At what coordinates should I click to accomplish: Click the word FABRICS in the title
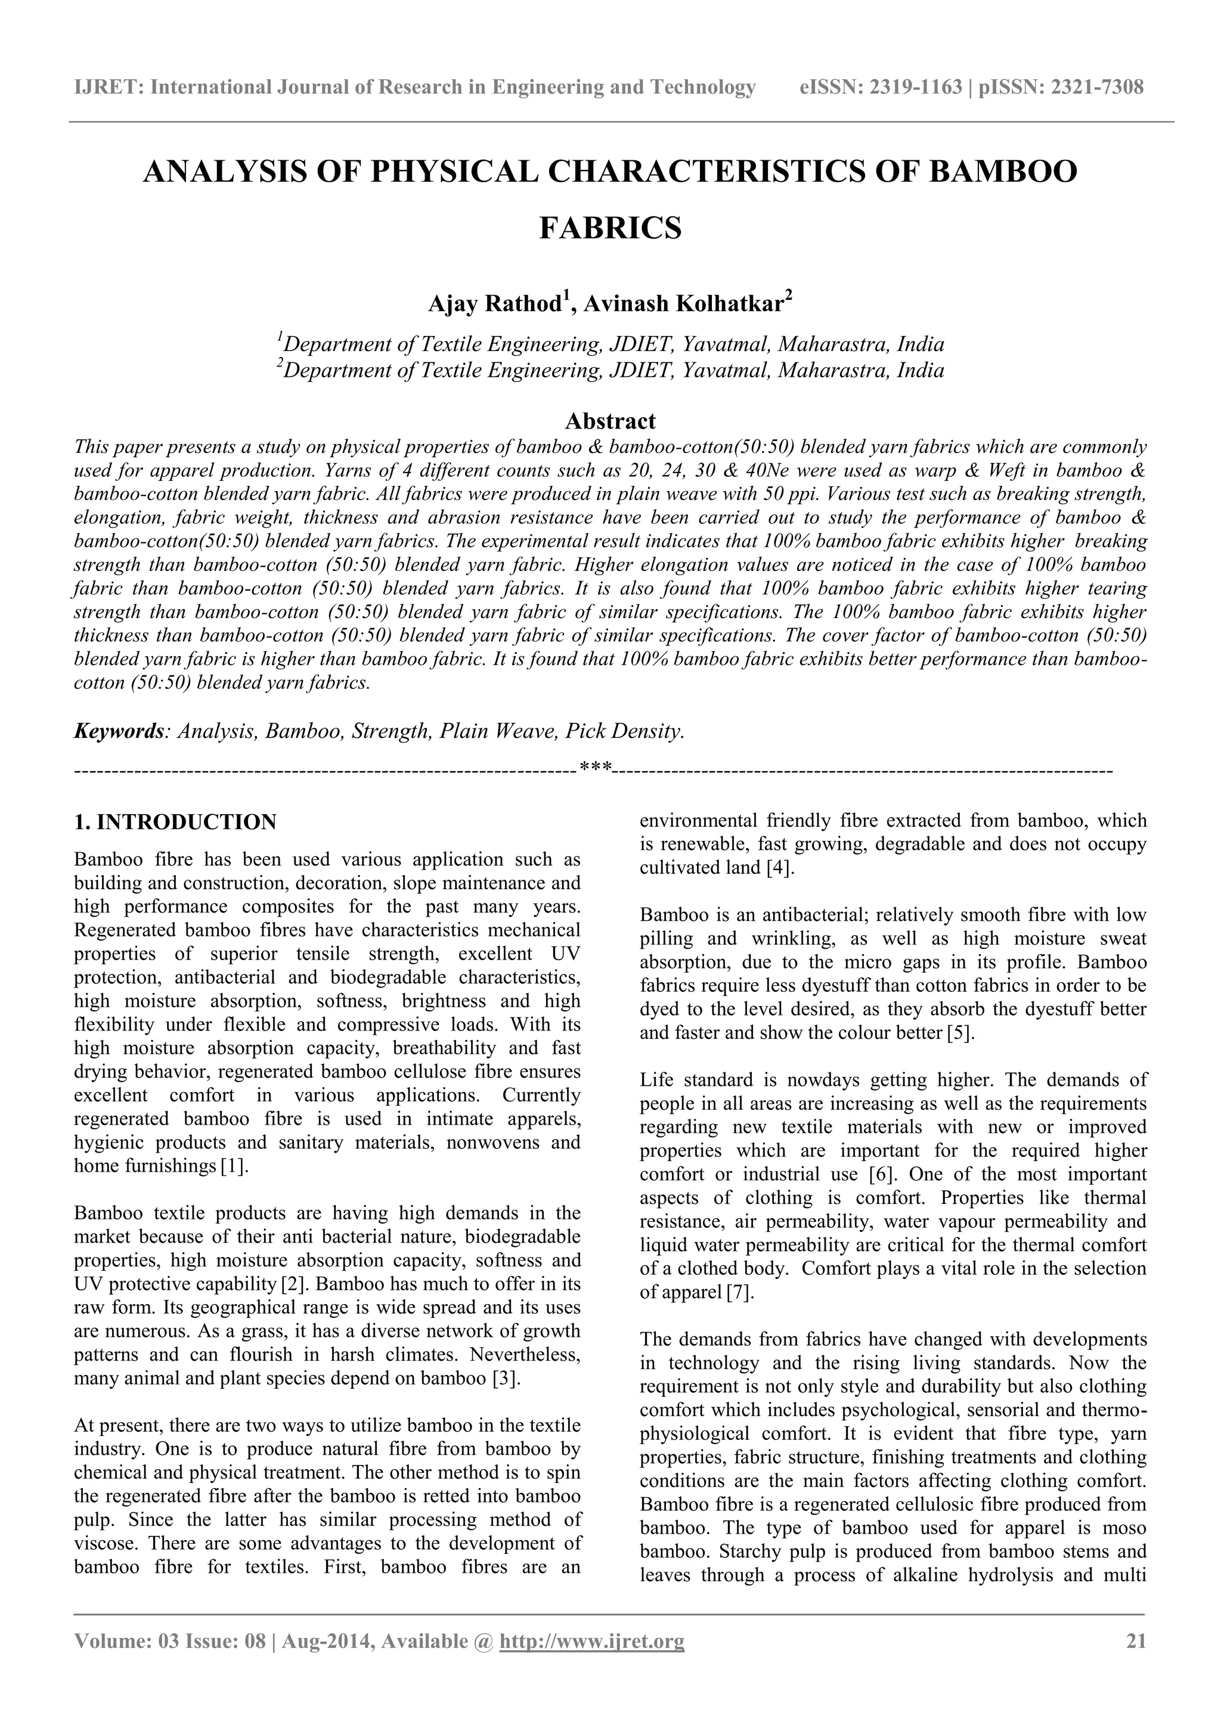tap(610, 228)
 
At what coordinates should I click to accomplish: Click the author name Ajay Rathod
tap(495, 305)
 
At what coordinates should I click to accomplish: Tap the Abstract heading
tap(610, 420)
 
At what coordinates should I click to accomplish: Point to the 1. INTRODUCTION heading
tap(175, 822)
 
